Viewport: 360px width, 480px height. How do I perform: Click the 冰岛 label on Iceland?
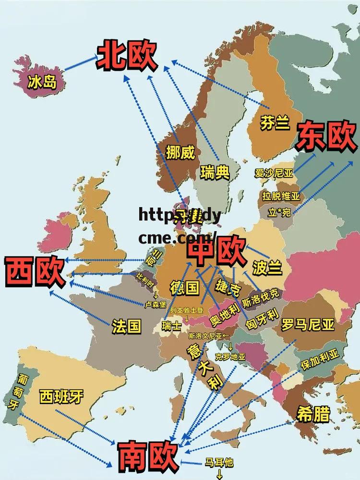point(42,82)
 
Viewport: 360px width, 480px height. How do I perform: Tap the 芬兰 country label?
point(275,123)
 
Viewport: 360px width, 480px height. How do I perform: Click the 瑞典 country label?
point(215,172)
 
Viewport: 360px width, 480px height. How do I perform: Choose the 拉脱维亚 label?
point(281,196)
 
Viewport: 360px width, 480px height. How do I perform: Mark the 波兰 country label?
point(267,268)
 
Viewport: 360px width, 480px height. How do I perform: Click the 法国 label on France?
point(126,327)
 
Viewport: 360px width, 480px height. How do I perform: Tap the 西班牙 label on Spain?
point(61,396)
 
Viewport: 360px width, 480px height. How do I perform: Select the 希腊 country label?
point(313,414)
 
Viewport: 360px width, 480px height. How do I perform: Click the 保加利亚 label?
point(319,359)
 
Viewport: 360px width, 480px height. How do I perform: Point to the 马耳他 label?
point(219,463)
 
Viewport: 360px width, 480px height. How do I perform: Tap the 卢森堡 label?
point(155,305)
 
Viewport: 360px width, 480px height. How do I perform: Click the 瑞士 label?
point(171,326)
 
